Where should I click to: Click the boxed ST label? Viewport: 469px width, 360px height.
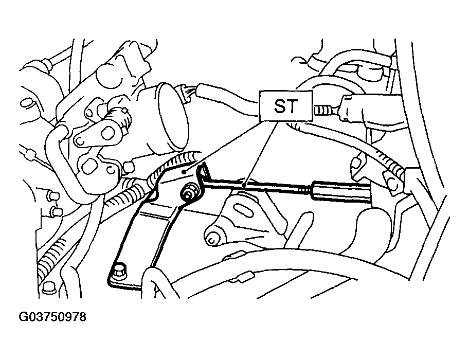pyautogui.click(x=285, y=106)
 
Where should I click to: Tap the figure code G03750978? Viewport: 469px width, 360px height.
pyautogui.click(x=52, y=317)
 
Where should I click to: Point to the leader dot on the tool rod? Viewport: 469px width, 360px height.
pyautogui.click(x=244, y=186)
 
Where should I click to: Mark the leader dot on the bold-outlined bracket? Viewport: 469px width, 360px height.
pyautogui.click(x=185, y=172)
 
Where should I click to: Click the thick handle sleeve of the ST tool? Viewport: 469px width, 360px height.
pyautogui.click(x=341, y=191)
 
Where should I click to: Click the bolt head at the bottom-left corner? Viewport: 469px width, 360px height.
pyautogui.click(x=48, y=287)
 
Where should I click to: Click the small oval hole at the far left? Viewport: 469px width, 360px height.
pyautogui.click(x=26, y=103)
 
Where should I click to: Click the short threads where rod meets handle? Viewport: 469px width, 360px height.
pyautogui.click(x=305, y=190)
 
